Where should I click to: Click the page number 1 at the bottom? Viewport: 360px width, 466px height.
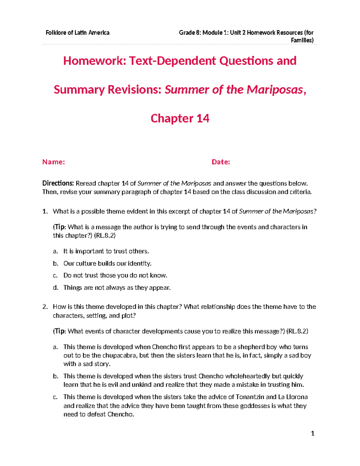pyautogui.click(x=313, y=433)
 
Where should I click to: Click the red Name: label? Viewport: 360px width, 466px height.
pyautogui.click(x=53, y=162)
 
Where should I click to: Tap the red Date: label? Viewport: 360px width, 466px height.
pyautogui.click(x=221, y=162)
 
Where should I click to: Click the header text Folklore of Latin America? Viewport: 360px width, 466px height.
pyautogui.click(x=77, y=33)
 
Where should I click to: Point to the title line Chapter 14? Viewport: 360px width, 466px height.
pyautogui.click(x=180, y=118)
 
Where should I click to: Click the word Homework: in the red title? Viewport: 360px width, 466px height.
pyautogui.click(x=94, y=61)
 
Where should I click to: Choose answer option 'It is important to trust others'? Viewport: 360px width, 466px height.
pyautogui.click(x=106, y=251)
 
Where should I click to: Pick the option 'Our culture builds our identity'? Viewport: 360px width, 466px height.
pyautogui.click(x=107, y=263)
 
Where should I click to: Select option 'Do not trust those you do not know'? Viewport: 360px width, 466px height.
pyautogui.click(x=115, y=275)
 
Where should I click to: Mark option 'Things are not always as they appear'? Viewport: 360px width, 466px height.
pyautogui.click(x=117, y=288)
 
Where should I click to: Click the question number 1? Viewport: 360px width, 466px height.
pyautogui.click(x=45, y=212)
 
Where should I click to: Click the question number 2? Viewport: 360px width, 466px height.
pyautogui.click(x=45, y=307)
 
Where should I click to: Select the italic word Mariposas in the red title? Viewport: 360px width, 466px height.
pyautogui.click(x=274, y=89)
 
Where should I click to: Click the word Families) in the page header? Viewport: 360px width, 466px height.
pyautogui.click(x=302, y=40)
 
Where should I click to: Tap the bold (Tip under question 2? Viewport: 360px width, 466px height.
pyautogui.click(x=59, y=331)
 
